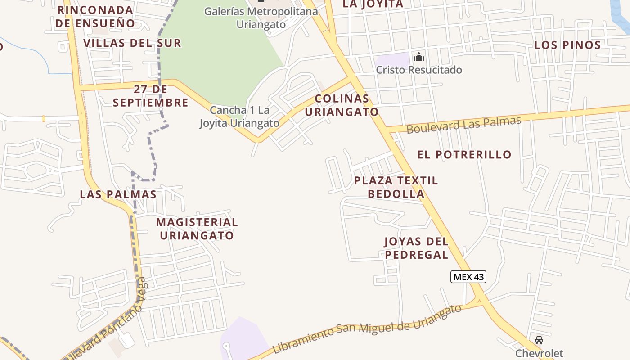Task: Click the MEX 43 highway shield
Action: tap(468, 277)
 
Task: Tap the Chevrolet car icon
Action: tap(539, 340)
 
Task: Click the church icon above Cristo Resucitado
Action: tap(419, 57)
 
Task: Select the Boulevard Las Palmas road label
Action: tap(463, 125)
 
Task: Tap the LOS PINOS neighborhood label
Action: tap(567, 45)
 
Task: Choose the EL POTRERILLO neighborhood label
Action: tap(464, 155)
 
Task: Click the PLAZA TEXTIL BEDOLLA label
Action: tap(396, 187)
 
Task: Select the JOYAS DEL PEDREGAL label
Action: tap(416, 248)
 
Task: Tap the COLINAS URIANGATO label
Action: tap(342, 105)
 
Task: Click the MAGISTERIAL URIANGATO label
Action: tap(197, 229)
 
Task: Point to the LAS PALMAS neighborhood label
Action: tap(118, 195)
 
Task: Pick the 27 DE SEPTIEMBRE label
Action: tap(151, 96)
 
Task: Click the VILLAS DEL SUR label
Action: tap(132, 43)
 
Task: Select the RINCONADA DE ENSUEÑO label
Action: tap(95, 17)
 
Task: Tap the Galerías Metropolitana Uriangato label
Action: tap(261, 18)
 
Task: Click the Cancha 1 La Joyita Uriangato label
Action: tap(239, 117)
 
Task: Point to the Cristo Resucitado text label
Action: tap(419, 70)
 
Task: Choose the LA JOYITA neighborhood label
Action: tap(373, 4)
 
